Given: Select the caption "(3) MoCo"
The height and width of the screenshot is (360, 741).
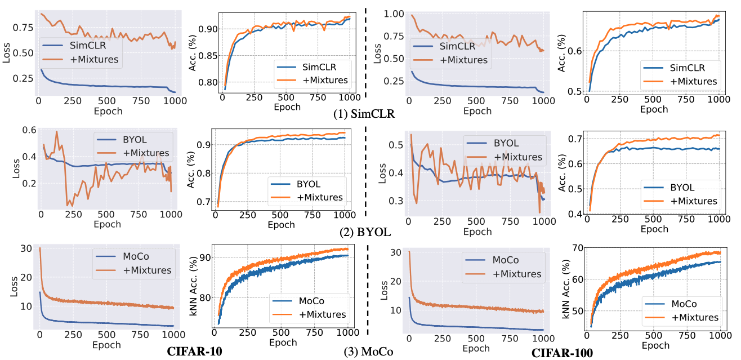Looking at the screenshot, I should (x=368, y=353).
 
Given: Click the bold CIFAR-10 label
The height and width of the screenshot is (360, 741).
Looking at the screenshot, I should (x=195, y=352).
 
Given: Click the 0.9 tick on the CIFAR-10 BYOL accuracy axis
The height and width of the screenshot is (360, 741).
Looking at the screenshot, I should (x=204, y=144).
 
